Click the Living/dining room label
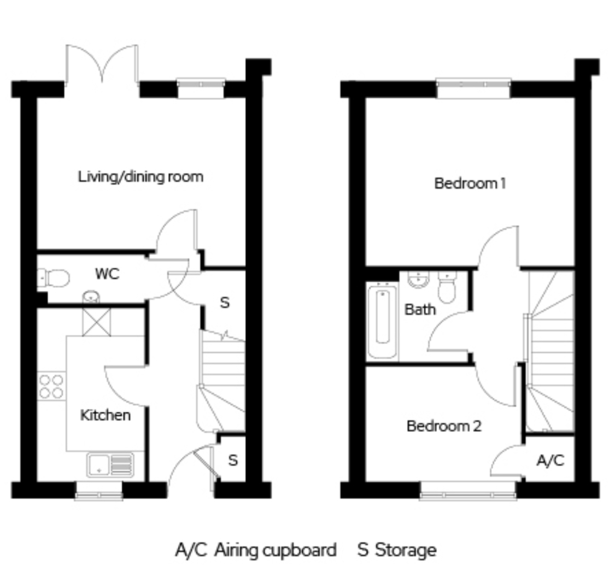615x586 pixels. (141, 177)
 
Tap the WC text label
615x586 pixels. (107, 274)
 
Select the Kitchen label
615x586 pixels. (105, 415)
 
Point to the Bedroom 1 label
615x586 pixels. (470, 184)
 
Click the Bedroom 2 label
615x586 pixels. (444, 426)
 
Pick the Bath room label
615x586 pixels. (420, 310)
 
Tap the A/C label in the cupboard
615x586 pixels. (550, 460)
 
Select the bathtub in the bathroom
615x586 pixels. (383, 321)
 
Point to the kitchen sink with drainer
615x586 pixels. (110, 465)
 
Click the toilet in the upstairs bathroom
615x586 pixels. (447, 287)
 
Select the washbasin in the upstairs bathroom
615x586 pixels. (419, 279)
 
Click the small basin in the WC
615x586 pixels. (91, 297)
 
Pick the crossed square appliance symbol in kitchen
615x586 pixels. (96, 322)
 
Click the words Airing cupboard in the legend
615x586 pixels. (276, 551)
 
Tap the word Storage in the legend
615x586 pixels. (406, 551)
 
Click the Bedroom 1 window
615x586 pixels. (473, 88)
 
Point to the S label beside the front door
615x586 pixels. (233, 460)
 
